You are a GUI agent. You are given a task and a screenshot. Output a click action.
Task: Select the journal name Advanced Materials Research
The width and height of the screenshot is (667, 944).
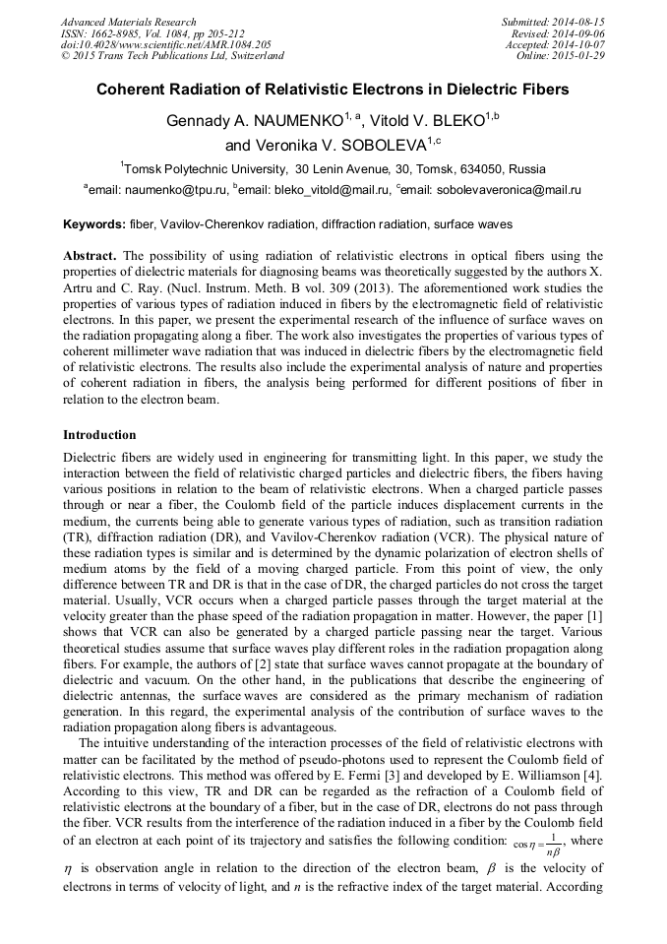[x=128, y=22]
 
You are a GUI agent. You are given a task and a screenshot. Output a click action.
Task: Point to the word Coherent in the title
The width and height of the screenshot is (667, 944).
[x=133, y=90]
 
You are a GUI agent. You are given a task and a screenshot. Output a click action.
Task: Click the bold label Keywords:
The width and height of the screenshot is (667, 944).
[x=93, y=224]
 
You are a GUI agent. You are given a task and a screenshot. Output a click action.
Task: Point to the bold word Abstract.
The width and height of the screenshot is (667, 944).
[x=91, y=255]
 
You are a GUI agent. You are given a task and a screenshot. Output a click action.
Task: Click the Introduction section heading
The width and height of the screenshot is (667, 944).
[x=99, y=434]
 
